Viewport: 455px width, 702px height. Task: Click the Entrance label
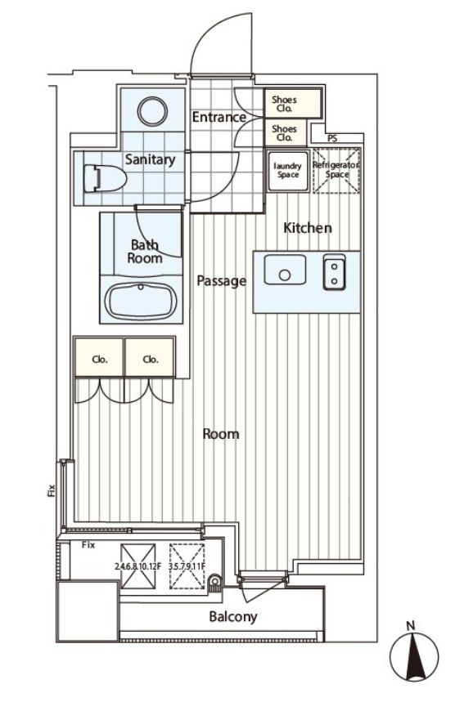[x=218, y=117]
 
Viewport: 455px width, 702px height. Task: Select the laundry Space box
[x=287, y=170]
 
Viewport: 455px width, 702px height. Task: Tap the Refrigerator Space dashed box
[x=336, y=170]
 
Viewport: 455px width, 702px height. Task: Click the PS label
[x=331, y=138]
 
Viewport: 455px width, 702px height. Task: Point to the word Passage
[x=221, y=281]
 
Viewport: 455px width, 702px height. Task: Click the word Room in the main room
[x=221, y=433]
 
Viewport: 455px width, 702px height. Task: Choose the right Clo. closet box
[x=150, y=358]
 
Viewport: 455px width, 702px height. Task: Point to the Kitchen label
[x=308, y=228]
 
